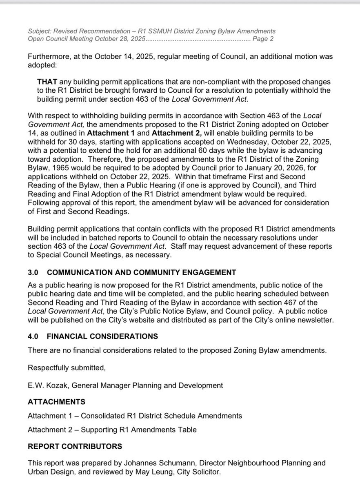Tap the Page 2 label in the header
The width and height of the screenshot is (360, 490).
(x=263, y=39)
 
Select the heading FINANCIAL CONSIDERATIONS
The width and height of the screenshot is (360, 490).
(x=102, y=337)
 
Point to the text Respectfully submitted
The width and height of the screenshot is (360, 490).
(x=67, y=368)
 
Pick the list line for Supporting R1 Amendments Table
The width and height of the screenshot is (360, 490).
(x=112, y=429)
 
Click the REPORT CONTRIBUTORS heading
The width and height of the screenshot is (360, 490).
(x=75, y=446)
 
